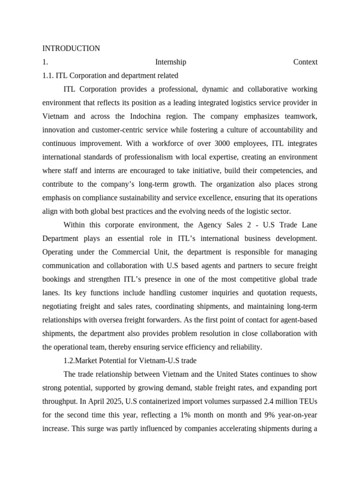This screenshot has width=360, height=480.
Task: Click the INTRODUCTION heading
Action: click(x=71, y=48)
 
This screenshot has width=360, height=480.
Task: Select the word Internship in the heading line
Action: click(x=170, y=62)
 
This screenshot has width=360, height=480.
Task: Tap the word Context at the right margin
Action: click(x=305, y=62)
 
